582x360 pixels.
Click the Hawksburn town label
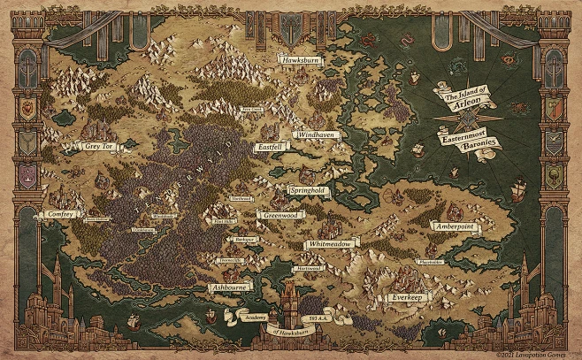coord(301,59)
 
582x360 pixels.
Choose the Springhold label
coord(309,190)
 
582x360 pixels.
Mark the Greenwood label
coord(281,214)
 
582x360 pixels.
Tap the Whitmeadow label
coord(331,243)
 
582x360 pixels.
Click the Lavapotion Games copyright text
coord(539,354)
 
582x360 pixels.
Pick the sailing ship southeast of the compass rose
coord(518,188)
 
